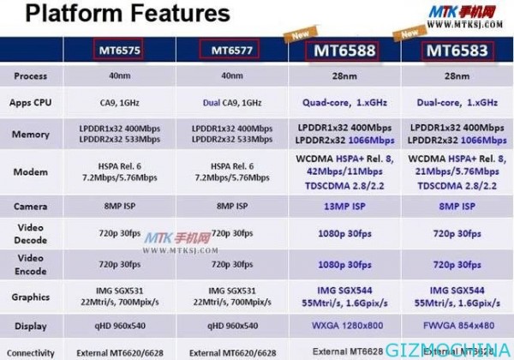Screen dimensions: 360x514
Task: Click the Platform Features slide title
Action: [117, 15]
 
